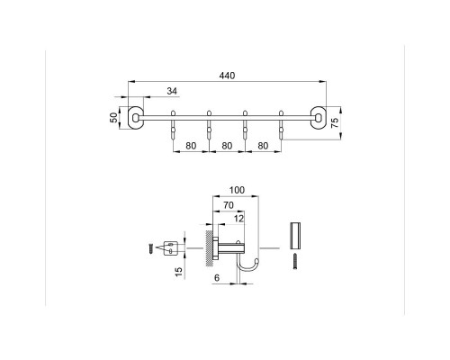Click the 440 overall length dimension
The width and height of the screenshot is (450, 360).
(x=226, y=76)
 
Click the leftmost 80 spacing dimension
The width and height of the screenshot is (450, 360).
(x=191, y=144)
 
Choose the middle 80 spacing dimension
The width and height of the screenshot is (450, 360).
(x=227, y=144)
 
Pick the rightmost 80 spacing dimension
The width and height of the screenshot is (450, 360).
(x=263, y=144)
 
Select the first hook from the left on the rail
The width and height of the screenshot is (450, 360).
(x=173, y=126)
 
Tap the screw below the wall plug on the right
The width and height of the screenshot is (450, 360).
(x=293, y=261)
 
